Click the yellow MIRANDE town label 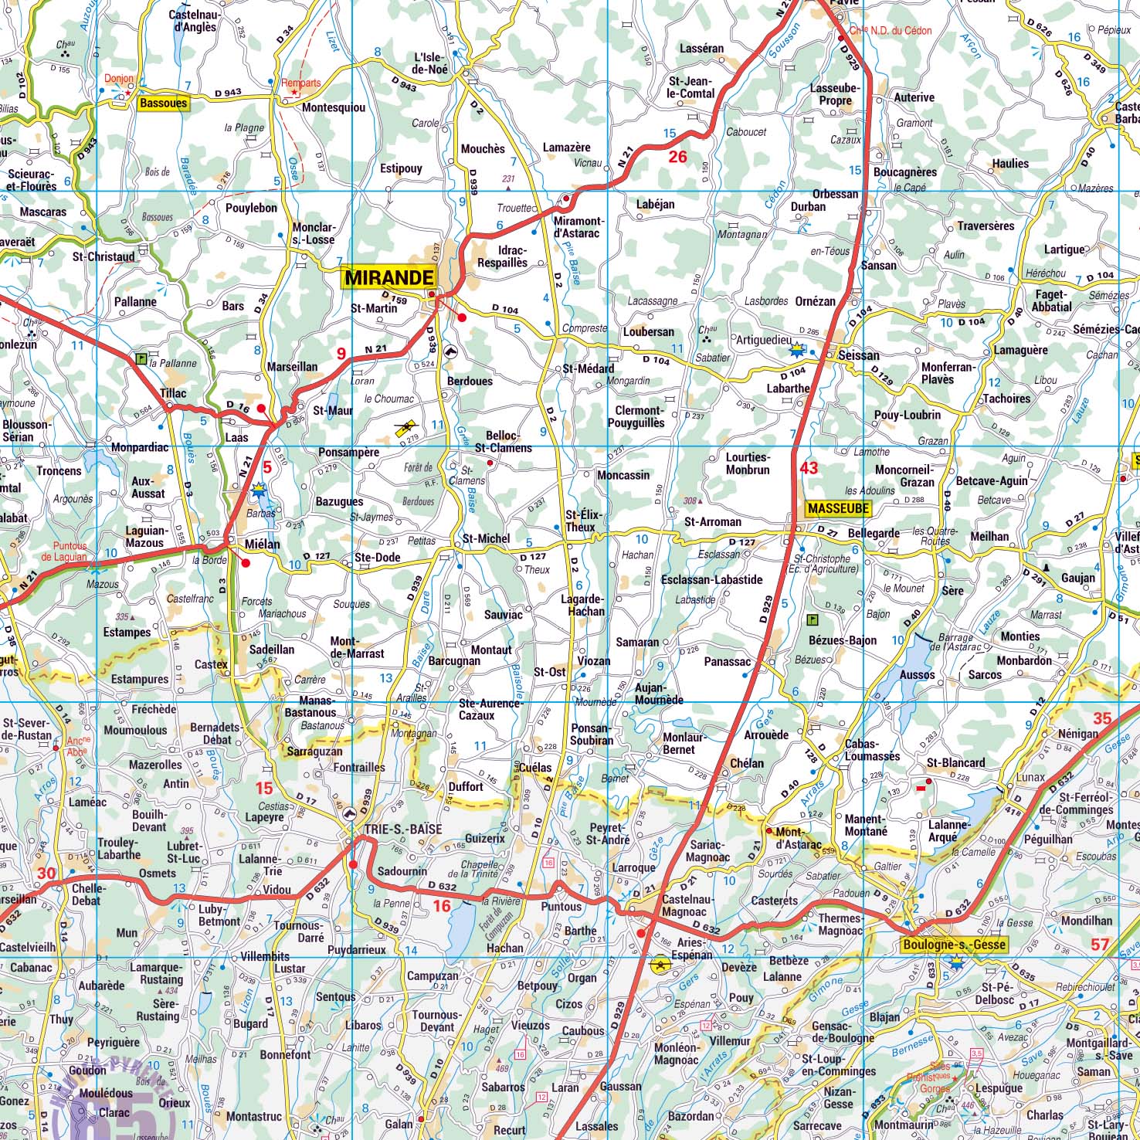pyautogui.click(x=388, y=277)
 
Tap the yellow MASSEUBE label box pyautogui.click(x=838, y=508)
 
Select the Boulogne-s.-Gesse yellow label pyautogui.click(x=955, y=945)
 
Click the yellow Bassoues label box pyautogui.click(x=163, y=103)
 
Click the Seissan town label pyautogui.click(x=858, y=355)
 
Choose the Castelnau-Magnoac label pyautogui.click(x=689, y=906)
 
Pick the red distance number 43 pyautogui.click(x=809, y=468)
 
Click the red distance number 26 pyautogui.click(x=677, y=157)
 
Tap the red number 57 pyautogui.click(x=1101, y=944)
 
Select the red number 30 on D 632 pyautogui.click(x=46, y=874)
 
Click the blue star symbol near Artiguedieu pyautogui.click(x=796, y=351)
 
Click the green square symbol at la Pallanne pyautogui.click(x=141, y=358)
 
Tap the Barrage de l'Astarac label pyautogui.click(x=955, y=643)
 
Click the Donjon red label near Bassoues pyautogui.click(x=119, y=79)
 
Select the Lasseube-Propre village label pyautogui.click(x=834, y=94)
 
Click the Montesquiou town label pyautogui.click(x=333, y=108)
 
